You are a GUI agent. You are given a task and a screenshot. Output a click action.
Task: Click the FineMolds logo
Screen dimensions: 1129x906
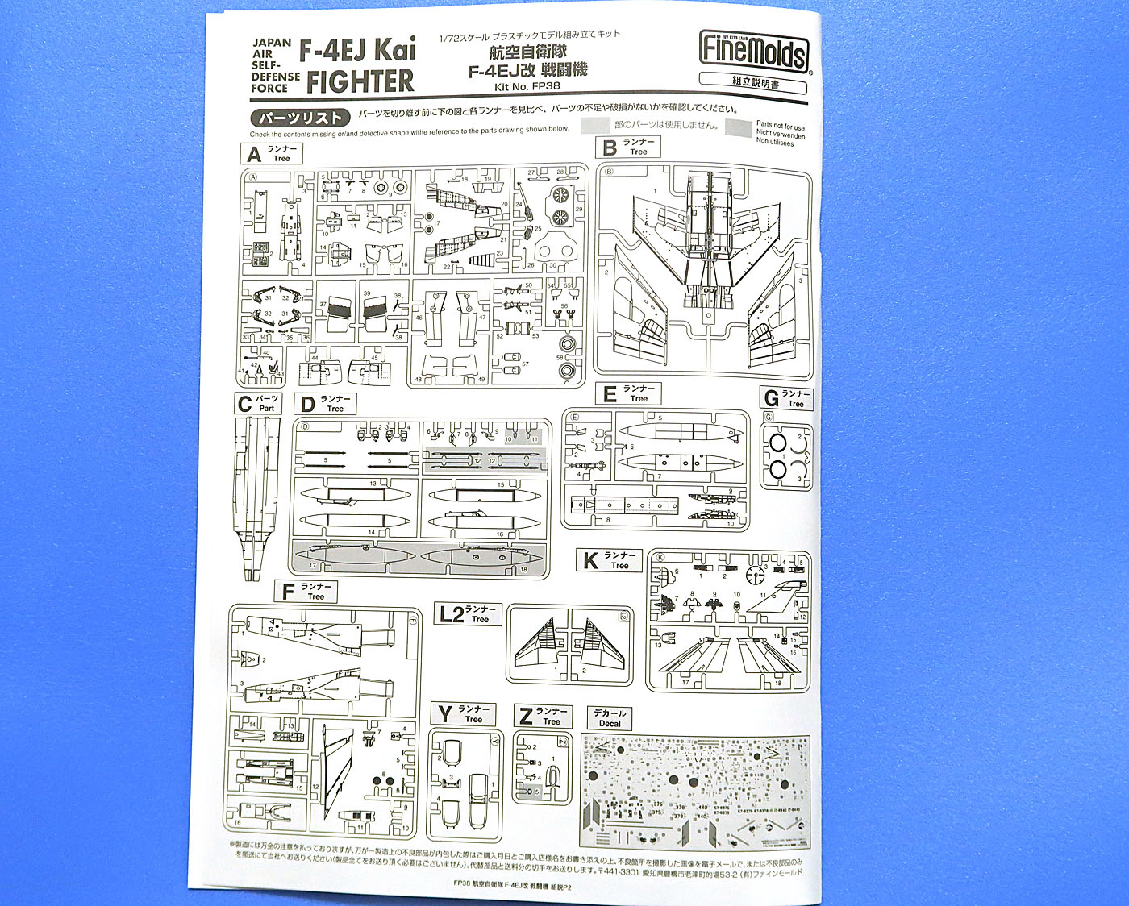tap(753, 54)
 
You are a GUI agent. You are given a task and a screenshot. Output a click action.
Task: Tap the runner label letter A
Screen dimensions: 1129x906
tap(255, 154)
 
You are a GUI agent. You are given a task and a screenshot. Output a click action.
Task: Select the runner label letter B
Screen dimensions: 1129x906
tap(610, 148)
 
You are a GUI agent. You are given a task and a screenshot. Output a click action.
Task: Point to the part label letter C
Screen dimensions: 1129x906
tap(244, 404)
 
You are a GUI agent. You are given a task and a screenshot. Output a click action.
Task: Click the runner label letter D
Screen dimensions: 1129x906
tap(307, 405)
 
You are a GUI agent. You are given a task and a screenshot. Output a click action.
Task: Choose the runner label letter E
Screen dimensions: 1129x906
tap(610, 394)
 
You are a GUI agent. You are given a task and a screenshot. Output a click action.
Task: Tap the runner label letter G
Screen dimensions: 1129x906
tap(771, 399)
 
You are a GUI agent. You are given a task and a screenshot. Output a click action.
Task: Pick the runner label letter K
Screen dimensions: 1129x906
tap(591, 561)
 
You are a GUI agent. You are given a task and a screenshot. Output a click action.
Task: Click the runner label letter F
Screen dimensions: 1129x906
tap(288, 592)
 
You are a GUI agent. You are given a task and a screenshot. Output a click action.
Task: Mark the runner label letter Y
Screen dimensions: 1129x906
tap(445, 715)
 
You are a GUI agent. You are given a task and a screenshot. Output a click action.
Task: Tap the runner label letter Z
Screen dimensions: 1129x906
tap(526, 717)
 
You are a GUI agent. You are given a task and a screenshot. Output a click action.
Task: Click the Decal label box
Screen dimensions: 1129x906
tap(610, 718)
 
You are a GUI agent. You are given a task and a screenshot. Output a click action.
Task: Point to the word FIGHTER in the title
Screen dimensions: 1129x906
tap(360, 81)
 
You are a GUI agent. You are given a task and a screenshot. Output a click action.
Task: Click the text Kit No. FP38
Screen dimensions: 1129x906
tap(527, 86)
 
